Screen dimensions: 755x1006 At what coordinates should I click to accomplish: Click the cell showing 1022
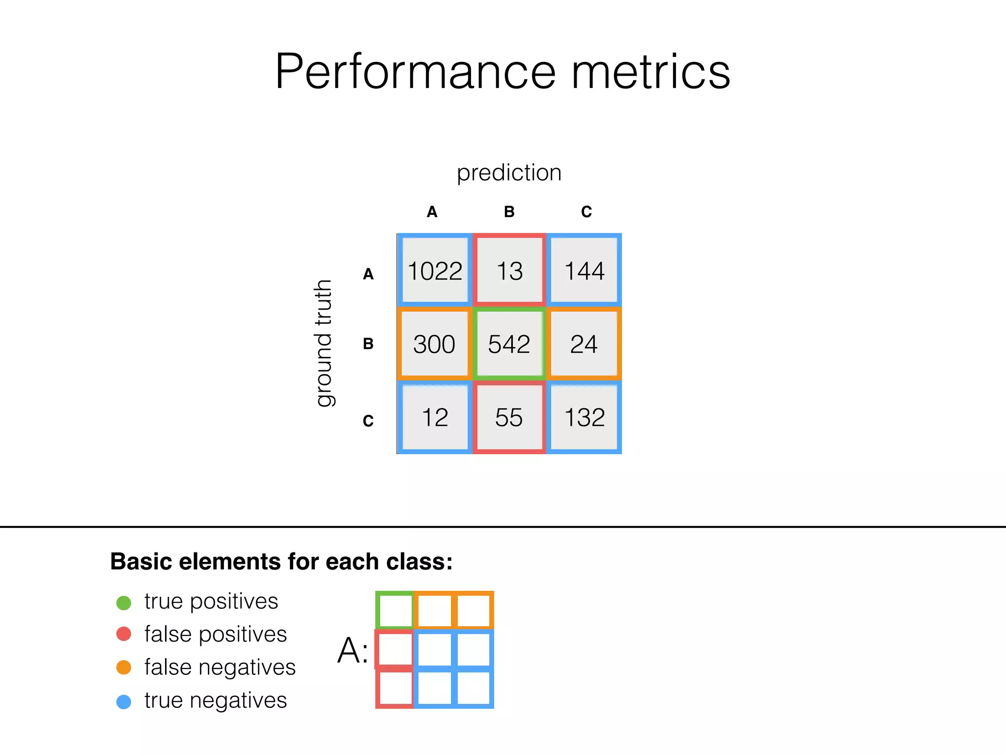[x=435, y=271]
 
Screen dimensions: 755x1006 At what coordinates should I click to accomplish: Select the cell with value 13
[x=509, y=271]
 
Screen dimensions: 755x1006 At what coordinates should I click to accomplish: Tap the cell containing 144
[x=584, y=271]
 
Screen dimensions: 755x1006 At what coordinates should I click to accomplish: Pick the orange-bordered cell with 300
[x=434, y=344]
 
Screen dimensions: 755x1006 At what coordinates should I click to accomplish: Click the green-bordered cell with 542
[x=509, y=344]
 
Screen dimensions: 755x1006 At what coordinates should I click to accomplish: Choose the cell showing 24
[x=584, y=344]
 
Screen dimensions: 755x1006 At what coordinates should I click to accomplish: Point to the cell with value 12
[x=435, y=417]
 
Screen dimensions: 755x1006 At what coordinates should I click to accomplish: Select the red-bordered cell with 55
[x=509, y=417]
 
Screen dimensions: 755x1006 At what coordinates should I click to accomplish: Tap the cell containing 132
[x=584, y=417]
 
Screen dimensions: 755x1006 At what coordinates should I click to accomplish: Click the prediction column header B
[x=509, y=212]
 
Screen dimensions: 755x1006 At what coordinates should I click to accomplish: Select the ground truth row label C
[x=368, y=421]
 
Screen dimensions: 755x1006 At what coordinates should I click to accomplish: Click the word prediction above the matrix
[x=509, y=173]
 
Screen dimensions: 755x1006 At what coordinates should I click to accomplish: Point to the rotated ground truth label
[x=323, y=343]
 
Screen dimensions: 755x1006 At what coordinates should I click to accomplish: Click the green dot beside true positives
[x=124, y=603]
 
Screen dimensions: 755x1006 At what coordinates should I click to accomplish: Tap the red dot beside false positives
[x=124, y=634]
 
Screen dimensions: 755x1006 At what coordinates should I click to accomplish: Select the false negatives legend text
[x=220, y=668]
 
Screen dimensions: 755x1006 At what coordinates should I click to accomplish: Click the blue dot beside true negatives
[x=124, y=701]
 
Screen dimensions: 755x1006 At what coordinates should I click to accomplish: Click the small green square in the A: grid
[x=395, y=610]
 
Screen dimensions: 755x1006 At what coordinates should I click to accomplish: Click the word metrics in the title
[x=651, y=72]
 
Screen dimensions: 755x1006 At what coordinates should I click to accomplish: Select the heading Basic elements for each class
[x=281, y=561]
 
